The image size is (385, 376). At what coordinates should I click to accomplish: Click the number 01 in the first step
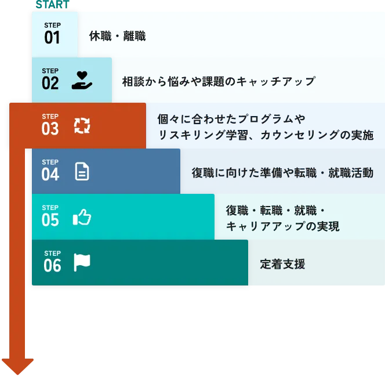pos(52,38)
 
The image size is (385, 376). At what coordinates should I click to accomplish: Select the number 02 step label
pos(50,83)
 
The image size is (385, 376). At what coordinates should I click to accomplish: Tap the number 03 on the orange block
pos(50,129)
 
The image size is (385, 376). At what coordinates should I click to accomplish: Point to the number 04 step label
pos(50,174)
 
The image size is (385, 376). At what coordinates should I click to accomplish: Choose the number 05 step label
pos(50,219)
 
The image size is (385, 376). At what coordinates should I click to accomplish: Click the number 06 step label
pos(52,265)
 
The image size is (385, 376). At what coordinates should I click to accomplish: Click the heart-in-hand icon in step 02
pos(82,80)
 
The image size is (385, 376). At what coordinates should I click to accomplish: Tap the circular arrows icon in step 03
pos(82,125)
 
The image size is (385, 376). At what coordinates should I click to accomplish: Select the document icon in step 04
pos(82,171)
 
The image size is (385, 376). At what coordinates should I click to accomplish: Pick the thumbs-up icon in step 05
pos(82,218)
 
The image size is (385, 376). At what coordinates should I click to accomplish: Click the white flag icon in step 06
pos(82,262)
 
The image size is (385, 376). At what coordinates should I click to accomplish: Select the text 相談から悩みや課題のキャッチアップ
pos(218,81)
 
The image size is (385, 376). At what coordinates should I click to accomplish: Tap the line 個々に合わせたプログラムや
pos(231,120)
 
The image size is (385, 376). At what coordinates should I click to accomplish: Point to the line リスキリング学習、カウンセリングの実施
pos(266,135)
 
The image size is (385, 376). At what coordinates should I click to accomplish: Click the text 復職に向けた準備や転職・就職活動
pos(282,172)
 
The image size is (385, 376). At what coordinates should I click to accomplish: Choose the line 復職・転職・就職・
pos(275,211)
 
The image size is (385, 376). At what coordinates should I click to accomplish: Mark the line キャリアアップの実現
pos(282,226)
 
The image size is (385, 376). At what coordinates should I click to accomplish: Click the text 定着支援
pos(282,265)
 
